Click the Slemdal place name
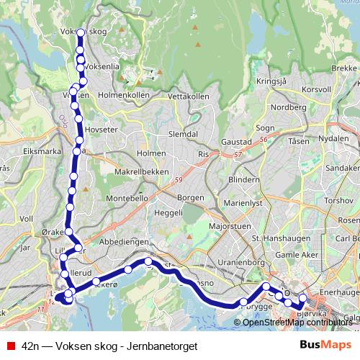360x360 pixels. click(x=182, y=134)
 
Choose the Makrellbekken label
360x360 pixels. click(x=142, y=172)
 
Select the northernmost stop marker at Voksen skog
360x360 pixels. click(x=81, y=33)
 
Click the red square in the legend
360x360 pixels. click(x=10, y=346)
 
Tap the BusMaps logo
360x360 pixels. click(x=325, y=346)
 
